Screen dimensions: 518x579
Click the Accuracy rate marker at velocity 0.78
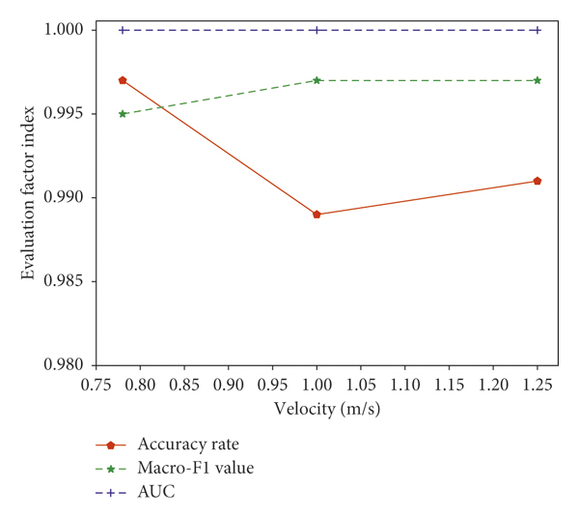[123, 80]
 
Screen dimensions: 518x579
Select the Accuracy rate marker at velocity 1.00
[317, 215]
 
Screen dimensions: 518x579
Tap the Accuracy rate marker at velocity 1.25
[537, 181]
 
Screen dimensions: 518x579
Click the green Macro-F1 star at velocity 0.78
[123, 114]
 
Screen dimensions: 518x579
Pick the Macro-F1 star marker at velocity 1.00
[317, 80]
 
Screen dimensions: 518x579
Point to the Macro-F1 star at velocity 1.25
[537, 80]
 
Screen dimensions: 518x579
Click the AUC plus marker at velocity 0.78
[123, 30]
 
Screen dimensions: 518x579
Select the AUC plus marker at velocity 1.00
[317, 30]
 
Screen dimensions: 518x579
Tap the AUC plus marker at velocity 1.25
[537, 30]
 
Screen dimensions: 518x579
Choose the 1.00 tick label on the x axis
[317, 384]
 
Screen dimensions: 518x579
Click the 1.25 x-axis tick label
[537, 384]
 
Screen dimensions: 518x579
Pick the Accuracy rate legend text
[188, 445]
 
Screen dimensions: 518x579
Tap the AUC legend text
[157, 493]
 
